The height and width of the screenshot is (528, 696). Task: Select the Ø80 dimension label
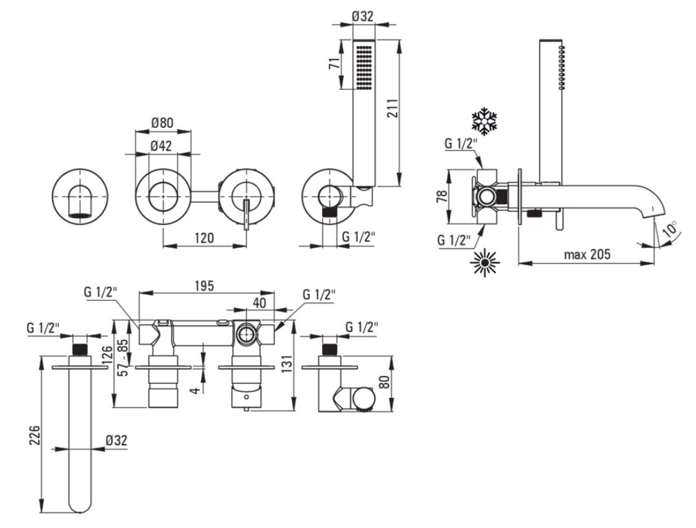tap(162, 122)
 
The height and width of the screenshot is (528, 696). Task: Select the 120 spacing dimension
tap(204, 237)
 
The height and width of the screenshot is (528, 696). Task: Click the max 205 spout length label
tap(587, 254)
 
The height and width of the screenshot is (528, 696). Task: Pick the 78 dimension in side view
tap(442, 196)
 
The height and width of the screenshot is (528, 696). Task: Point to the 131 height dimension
tap(287, 364)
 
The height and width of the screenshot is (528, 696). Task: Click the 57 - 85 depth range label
tap(124, 357)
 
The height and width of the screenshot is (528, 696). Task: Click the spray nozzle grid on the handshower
tap(364, 66)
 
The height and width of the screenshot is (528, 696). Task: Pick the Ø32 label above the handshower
tap(363, 16)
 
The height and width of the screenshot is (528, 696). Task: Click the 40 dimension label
tap(259, 303)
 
